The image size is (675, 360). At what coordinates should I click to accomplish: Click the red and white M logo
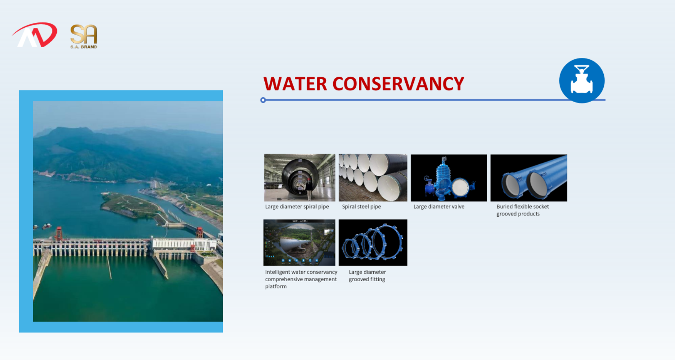point(35,35)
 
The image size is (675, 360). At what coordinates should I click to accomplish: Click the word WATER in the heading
point(295,84)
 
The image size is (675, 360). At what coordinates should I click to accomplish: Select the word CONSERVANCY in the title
point(398,84)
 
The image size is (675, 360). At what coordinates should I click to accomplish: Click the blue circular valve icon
point(582,80)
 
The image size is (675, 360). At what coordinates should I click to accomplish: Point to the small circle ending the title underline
point(263,100)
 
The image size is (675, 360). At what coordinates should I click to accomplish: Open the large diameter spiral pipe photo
point(300,178)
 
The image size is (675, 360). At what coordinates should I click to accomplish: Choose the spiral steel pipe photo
point(373,178)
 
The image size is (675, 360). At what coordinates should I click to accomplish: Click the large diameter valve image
point(449,178)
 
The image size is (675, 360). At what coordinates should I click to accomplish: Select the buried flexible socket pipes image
point(529,178)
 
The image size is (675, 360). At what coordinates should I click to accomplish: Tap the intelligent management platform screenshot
point(299,243)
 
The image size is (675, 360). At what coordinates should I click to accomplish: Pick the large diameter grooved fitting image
point(373,243)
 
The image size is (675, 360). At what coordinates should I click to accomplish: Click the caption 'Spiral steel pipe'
point(361,207)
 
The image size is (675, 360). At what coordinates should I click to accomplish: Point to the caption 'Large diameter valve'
point(439,207)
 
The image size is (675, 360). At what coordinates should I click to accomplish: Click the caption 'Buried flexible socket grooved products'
point(523,210)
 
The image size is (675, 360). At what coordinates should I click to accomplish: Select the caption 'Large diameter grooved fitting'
point(367,275)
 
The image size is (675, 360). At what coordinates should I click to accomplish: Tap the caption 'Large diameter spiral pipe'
point(297,207)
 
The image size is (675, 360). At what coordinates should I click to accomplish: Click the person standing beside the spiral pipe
point(309,189)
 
